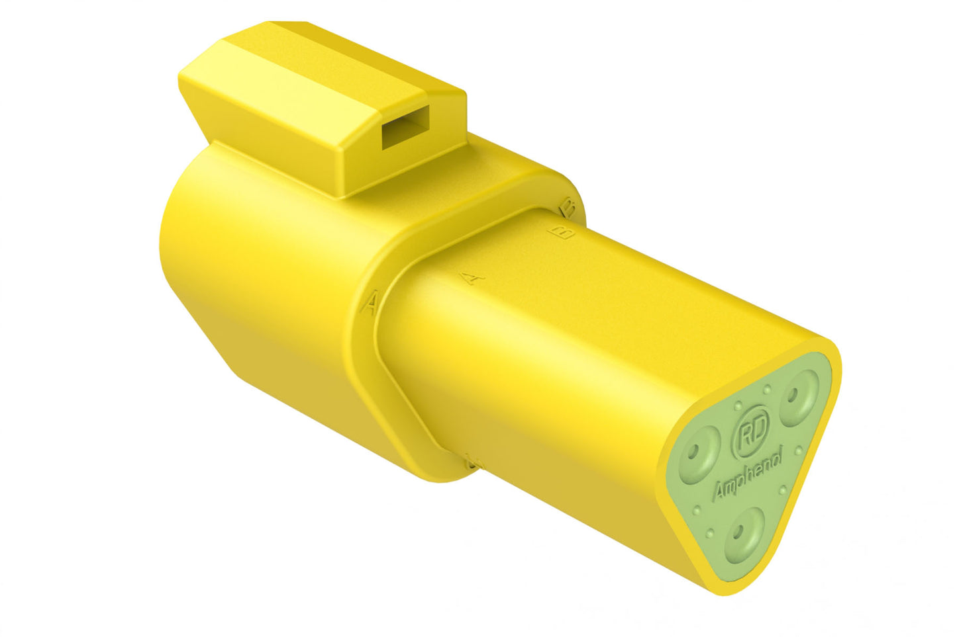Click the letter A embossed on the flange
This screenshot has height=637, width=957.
pyautogui.click(x=372, y=303)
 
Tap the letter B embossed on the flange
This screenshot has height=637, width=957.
pyautogui.click(x=567, y=206)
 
